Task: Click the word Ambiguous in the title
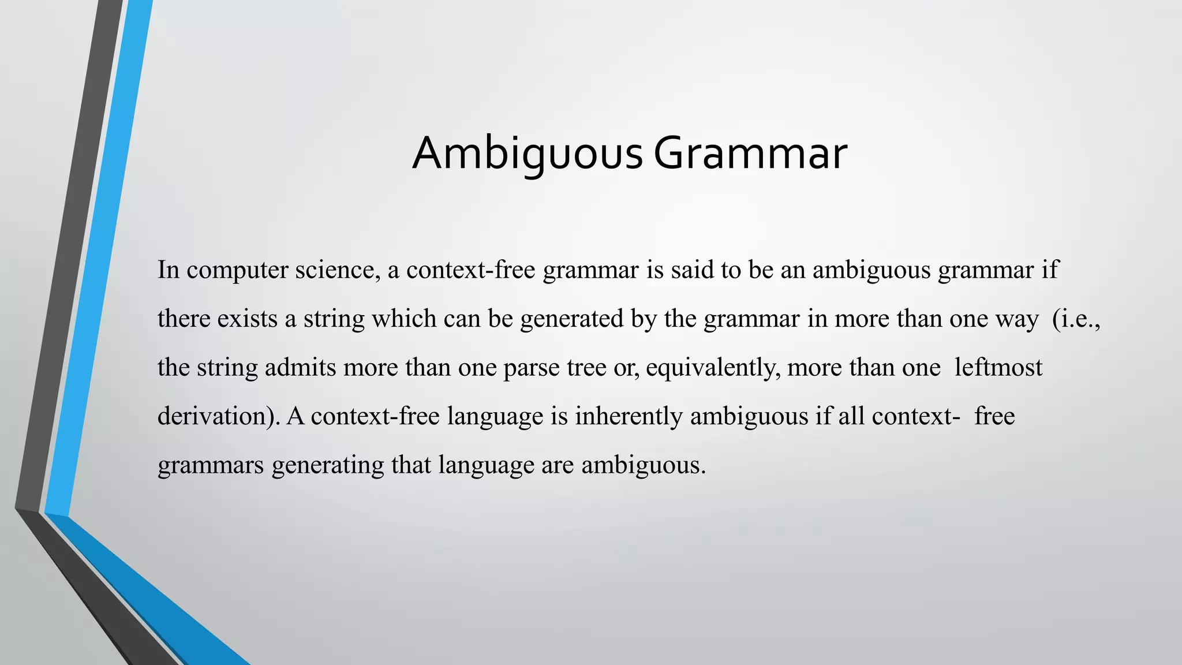(526, 154)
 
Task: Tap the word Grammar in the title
(750, 154)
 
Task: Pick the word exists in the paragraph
(248, 319)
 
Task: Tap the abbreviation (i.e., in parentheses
(1077, 319)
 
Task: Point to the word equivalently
(713, 368)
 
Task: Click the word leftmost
(998, 368)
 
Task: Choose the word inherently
(629, 417)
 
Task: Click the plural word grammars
(211, 466)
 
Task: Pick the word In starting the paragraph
(169, 270)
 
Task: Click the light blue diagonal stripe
(101, 260)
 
